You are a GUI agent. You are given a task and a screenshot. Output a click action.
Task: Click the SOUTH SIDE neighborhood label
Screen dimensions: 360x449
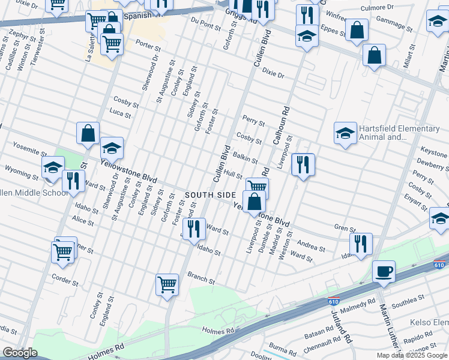211,196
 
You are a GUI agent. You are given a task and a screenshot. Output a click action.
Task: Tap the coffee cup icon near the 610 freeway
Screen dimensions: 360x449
384,272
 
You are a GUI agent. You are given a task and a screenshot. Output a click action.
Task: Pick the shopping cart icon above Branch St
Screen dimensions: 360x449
167,284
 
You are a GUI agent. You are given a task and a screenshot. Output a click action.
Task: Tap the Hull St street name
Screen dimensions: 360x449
232,174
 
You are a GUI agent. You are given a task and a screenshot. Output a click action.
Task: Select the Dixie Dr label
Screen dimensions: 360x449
273,74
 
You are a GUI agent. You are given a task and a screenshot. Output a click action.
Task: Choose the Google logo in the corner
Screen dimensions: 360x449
20,353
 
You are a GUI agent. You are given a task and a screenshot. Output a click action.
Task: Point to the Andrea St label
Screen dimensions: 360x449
311,246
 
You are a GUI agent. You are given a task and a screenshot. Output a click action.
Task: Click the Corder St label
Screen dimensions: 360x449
65,280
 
